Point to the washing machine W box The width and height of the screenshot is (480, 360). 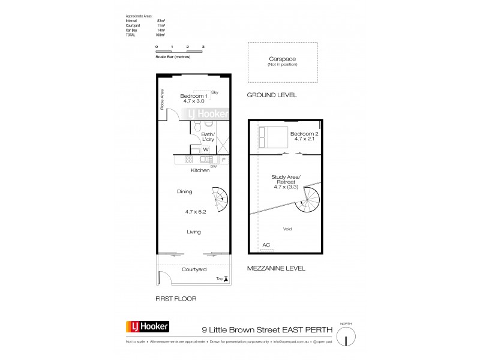pos(205,149)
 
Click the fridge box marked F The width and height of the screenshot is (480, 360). pos(223,160)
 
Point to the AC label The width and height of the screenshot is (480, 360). pos(266,244)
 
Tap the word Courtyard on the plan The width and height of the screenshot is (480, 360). pos(194,269)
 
